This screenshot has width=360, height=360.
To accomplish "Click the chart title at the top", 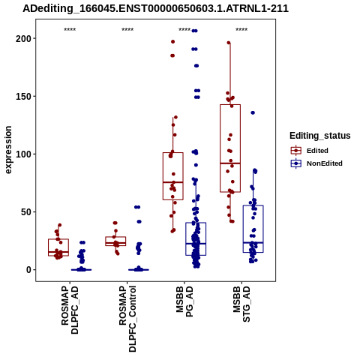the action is (155, 8).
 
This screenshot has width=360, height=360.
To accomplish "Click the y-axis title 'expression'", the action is (8, 150).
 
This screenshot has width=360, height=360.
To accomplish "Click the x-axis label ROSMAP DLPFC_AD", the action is (70, 310).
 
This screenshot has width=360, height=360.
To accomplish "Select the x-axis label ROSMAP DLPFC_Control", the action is (127, 319).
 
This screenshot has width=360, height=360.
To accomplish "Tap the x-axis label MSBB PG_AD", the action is (184, 301).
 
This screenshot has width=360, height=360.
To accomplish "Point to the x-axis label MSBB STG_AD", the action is (241, 304).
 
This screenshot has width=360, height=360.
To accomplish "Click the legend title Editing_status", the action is (320, 136).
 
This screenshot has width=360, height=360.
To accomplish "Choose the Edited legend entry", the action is (310, 151).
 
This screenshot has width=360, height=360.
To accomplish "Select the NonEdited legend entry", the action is (316, 163).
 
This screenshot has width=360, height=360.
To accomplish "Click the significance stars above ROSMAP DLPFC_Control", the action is (127, 30).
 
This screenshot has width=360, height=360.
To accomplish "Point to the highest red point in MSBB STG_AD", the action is (229, 43).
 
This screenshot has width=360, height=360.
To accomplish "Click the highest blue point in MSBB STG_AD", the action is (253, 112).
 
